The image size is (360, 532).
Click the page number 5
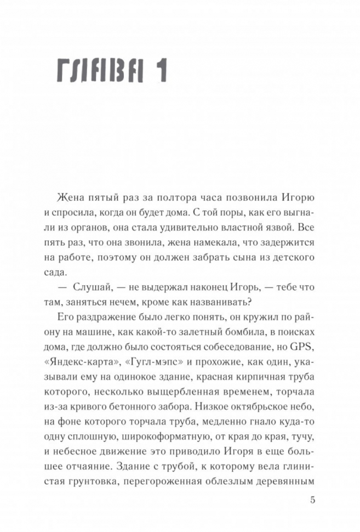click(312, 500)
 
